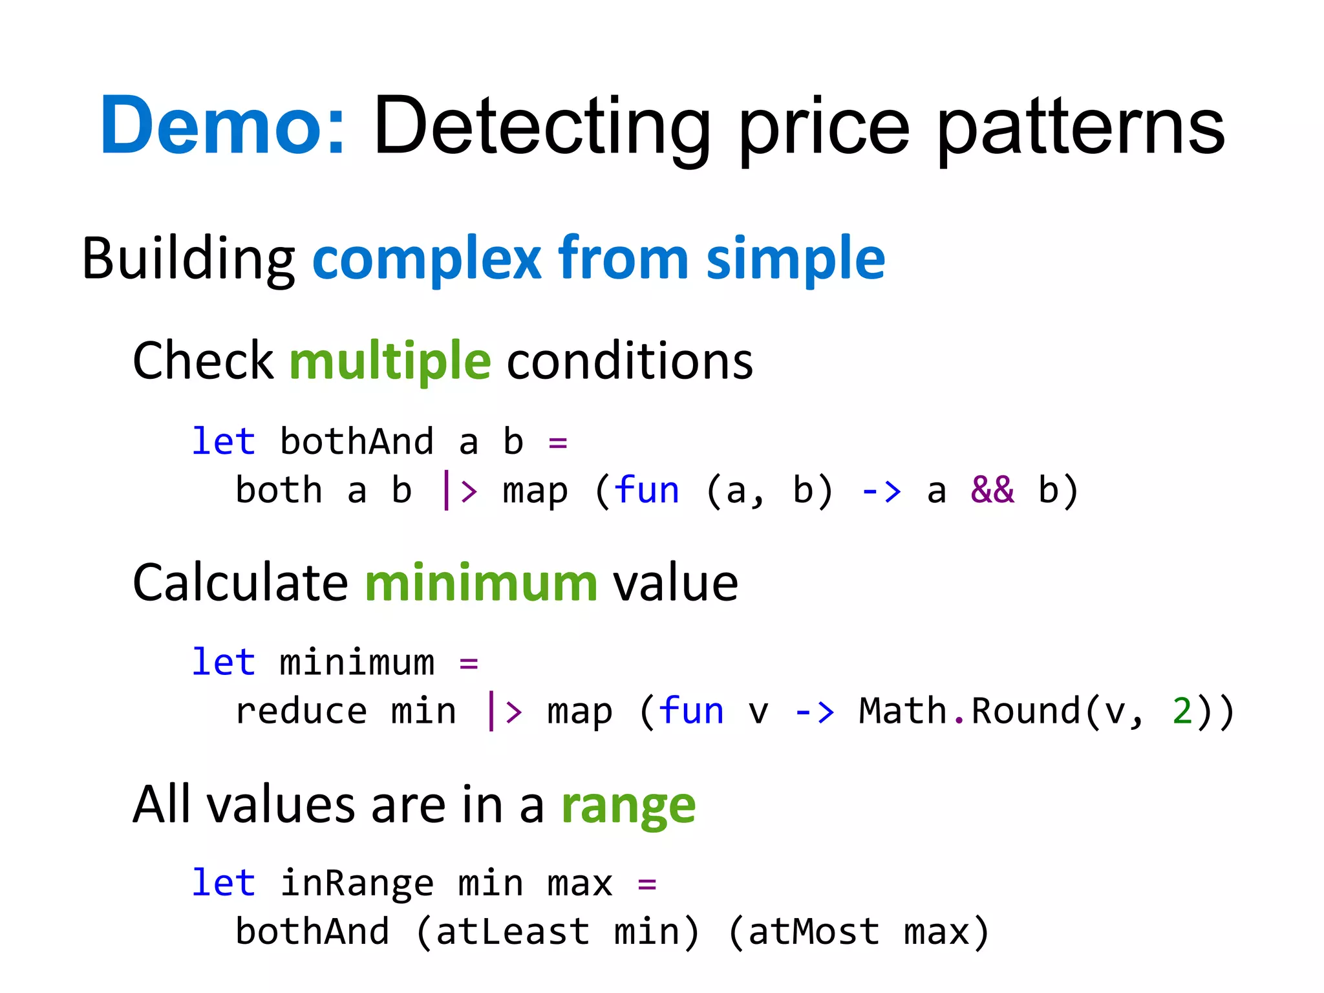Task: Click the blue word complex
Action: coord(427,259)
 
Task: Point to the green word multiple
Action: coord(390,360)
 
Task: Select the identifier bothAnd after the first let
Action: coord(357,442)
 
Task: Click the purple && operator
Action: coord(992,490)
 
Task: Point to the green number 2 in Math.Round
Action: coord(1182,711)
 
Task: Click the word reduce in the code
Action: coord(301,711)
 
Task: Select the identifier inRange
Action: coord(357,883)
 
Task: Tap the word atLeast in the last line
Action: coord(512,932)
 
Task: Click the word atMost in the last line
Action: coord(814,932)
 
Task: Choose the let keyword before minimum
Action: coord(224,662)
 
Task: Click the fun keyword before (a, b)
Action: coord(646,490)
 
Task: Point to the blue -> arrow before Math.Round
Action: coord(814,711)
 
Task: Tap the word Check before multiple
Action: coord(203,360)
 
